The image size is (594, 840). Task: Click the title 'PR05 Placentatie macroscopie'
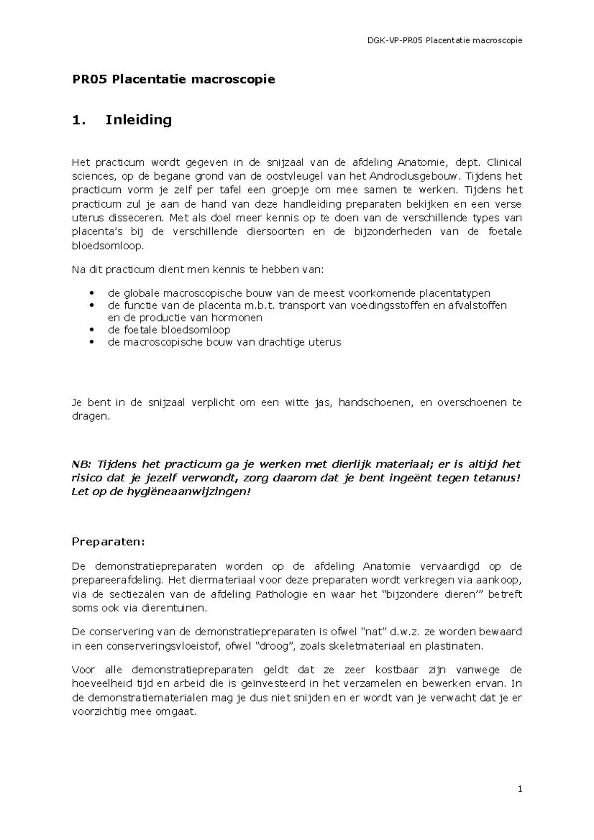173,79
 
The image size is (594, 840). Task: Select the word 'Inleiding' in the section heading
139,120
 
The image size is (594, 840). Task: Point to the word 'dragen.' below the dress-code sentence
90,417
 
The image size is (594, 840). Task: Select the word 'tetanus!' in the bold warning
496,478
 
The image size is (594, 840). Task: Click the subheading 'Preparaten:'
108,542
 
